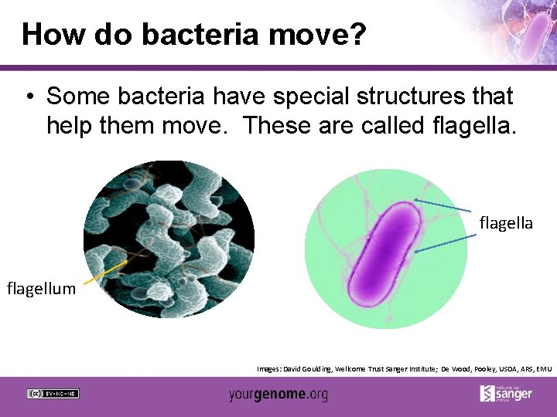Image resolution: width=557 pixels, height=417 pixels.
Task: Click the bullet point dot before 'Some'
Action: coord(29,97)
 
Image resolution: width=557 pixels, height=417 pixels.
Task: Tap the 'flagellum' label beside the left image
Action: coord(41,289)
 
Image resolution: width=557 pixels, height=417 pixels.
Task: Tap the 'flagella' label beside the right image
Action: coord(506,223)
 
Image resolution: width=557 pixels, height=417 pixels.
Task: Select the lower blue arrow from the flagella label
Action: coord(442,244)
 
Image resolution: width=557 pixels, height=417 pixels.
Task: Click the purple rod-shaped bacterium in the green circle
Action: coord(384,252)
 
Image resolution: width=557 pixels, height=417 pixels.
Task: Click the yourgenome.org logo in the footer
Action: coord(278,395)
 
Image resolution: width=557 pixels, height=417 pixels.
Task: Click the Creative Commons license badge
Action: coord(53,393)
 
